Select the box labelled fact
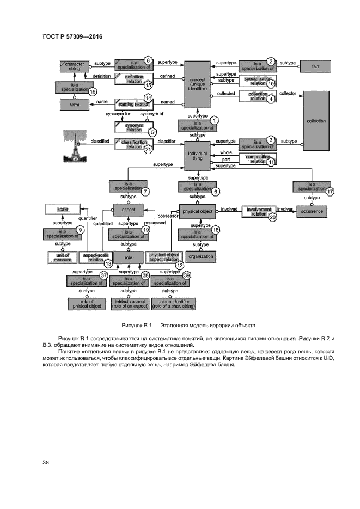click(x=316, y=66)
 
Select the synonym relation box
click(x=133, y=127)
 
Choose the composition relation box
click(x=258, y=160)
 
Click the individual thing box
click(x=197, y=156)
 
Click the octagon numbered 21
click(x=147, y=150)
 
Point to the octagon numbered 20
click(x=273, y=216)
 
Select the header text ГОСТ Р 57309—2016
click(x=73, y=37)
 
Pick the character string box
click(x=74, y=66)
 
